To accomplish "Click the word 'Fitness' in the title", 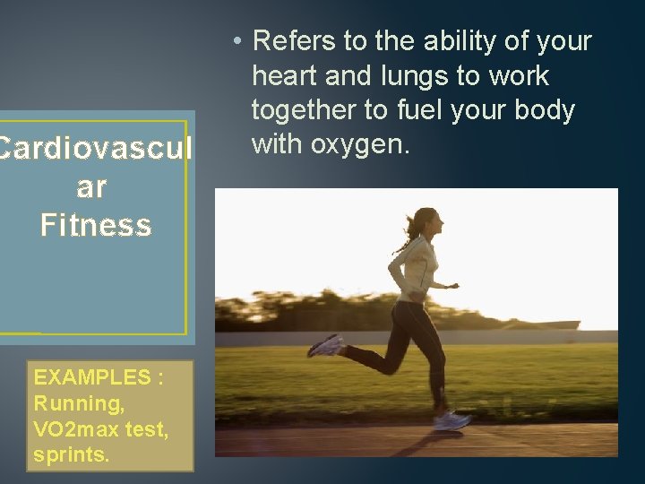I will coord(95,225).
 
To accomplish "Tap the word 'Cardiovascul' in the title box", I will coord(95,150).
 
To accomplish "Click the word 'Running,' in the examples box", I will coord(79,403).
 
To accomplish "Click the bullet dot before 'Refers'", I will coord(235,41).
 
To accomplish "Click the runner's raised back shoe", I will coord(325,346).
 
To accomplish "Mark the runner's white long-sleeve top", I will coord(414,270).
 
